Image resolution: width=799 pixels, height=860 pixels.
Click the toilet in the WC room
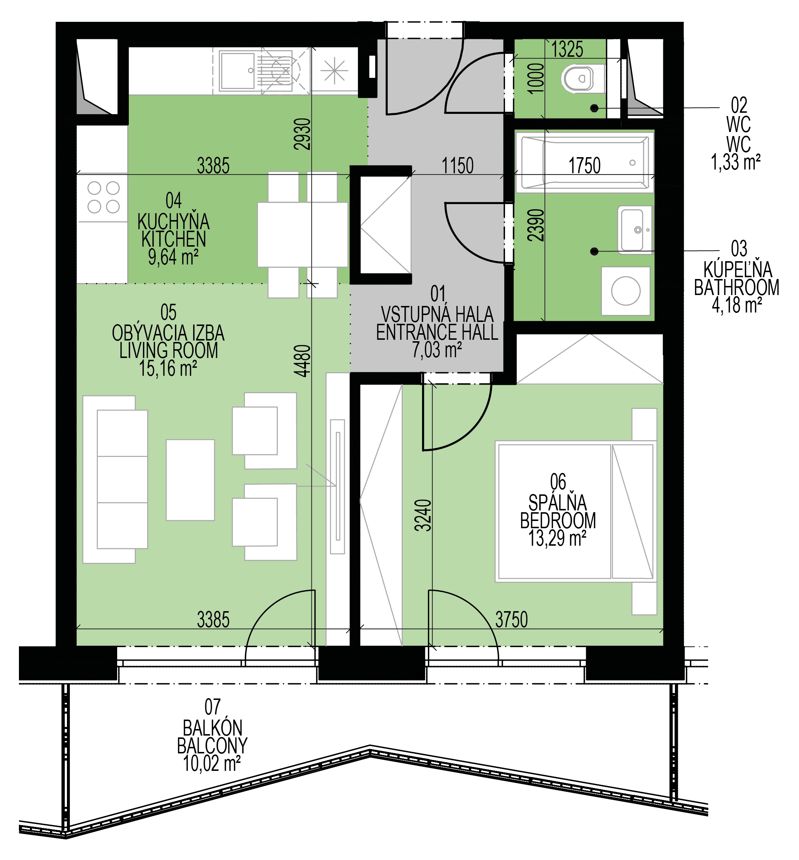coord(582,78)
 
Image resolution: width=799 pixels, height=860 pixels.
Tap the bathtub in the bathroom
coord(585,163)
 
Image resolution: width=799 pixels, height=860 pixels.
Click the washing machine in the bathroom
coord(625,291)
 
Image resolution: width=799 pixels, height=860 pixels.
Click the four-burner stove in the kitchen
coord(103,197)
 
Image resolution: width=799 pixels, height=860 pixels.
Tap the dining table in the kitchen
coord(303,235)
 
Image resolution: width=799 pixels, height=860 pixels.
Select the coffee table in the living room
coord(190,480)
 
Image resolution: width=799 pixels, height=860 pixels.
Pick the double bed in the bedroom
coord(576,511)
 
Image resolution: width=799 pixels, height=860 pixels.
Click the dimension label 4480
coord(302,361)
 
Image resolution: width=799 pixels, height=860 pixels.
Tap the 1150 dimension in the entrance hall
coord(457,166)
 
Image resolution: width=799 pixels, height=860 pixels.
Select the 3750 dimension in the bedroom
coord(512,620)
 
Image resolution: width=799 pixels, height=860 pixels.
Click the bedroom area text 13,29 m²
coord(557,538)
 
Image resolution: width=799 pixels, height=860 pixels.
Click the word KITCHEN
coord(174,239)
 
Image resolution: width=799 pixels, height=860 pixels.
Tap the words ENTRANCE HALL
coord(437,333)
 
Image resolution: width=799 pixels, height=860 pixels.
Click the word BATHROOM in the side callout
coord(737,287)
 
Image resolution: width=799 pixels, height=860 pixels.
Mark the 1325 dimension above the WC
coord(567,49)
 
